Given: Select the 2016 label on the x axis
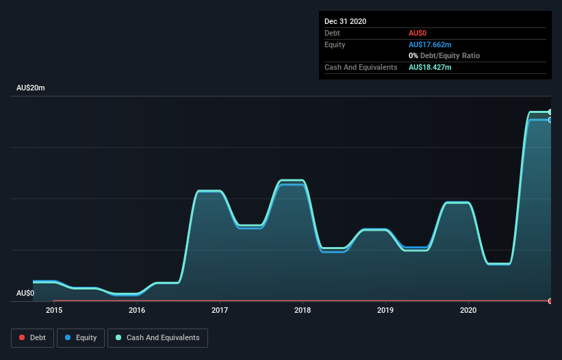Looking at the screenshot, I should (x=137, y=311).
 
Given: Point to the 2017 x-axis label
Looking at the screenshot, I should (x=220, y=311).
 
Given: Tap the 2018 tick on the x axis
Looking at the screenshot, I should (x=303, y=311).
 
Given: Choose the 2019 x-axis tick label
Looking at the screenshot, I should (x=385, y=311).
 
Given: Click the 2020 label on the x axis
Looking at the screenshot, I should (x=468, y=311).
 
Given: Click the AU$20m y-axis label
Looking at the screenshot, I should (x=30, y=88).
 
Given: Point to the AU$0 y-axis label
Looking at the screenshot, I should (x=25, y=293).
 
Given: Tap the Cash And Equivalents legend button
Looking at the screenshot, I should (x=157, y=337).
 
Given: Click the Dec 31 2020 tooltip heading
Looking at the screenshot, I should (x=345, y=21).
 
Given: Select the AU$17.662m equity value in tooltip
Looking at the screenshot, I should (x=430, y=44).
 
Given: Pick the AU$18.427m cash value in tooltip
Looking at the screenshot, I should (x=430, y=67).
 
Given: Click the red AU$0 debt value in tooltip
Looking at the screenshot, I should (x=418, y=33).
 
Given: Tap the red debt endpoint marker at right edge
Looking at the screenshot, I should (x=550, y=301).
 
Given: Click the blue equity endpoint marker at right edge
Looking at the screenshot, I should (x=550, y=120).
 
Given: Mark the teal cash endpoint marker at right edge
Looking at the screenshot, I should (x=550, y=112).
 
